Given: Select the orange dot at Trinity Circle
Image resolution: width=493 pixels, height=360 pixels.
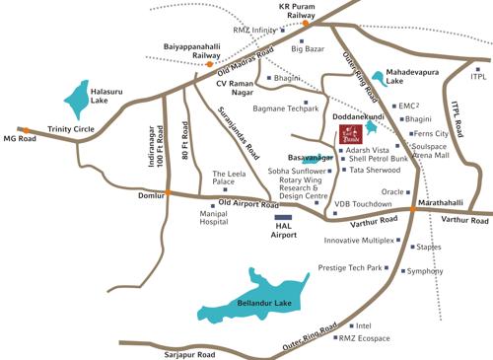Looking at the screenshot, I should pyautogui.click(x=28, y=129).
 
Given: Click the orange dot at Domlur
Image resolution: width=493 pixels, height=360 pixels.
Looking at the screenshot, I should pyautogui.click(x=169, y=192).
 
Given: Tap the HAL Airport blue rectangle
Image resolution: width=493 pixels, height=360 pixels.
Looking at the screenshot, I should pyautogui.click(x=284, y=217).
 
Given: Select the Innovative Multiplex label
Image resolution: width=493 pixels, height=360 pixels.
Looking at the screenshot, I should pyautogui.click(x=358, y=240).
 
